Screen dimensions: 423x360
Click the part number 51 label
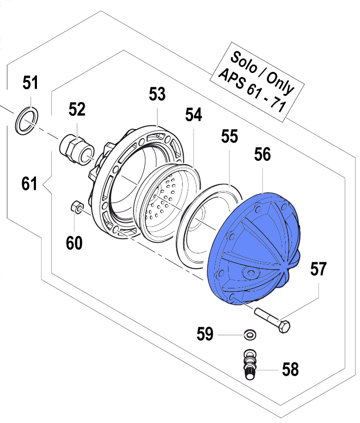31,83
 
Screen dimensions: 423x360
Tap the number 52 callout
77,109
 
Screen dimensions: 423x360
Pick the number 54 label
194,115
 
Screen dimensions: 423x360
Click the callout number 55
229,137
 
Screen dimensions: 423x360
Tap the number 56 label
262,155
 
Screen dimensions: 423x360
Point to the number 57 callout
318,269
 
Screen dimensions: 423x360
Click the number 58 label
291,369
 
